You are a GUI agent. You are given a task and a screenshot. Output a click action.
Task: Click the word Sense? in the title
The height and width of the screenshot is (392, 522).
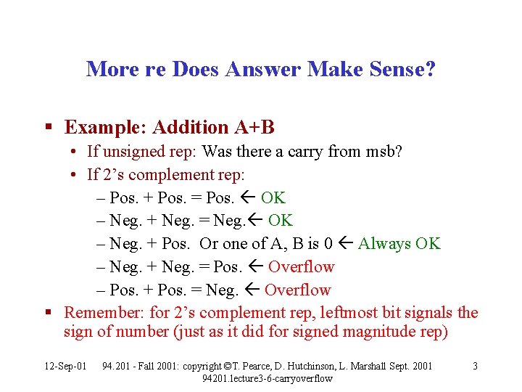(x=399, y=70)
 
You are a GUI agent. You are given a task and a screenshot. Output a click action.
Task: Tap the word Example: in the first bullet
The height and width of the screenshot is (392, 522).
(x=101, y=128)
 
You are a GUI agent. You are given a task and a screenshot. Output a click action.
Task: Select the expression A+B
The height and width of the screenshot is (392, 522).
(x=254, y=128)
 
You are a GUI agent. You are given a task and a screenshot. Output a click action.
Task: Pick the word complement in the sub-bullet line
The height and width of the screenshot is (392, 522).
(x=160, y=175)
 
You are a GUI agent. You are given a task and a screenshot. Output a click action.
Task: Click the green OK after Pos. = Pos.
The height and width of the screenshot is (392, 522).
(x=273, y=197)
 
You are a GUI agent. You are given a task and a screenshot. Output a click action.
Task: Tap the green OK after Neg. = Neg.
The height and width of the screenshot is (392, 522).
(x=281, y=221)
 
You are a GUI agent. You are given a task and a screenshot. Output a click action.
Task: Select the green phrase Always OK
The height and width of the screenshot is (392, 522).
(x=399, y=244)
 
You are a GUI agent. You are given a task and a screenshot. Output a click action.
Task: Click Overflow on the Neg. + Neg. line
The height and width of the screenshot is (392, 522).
(x=301, y=267)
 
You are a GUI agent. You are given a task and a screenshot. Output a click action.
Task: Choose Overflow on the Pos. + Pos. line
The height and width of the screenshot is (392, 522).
(x=297, y=290)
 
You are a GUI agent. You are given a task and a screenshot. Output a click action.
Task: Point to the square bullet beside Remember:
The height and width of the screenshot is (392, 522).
(x=47, y=313)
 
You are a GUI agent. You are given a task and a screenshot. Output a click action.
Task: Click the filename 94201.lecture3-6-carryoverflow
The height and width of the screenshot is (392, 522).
(x=268, y=378)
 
